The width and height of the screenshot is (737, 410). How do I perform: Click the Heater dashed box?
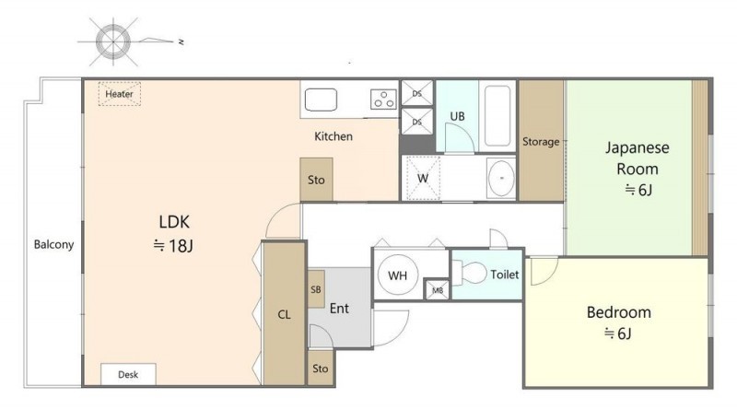coord(120,94)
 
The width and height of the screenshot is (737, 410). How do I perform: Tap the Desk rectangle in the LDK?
coord(128,374)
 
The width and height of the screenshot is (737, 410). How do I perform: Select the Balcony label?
coord(53,244)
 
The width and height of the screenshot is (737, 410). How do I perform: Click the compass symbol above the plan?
coord(113,41)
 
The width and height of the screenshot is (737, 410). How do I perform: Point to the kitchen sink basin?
coord(321,100)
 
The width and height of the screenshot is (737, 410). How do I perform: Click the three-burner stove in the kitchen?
coord(383,100)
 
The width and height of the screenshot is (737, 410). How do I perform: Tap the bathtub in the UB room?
coord(497,116)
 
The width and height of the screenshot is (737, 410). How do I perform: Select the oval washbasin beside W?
coord(501,178)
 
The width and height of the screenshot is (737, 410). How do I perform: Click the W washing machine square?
coord(423,178)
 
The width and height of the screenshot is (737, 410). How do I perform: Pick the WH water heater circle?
coord(397,275)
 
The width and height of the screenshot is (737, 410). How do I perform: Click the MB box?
coord(437,290)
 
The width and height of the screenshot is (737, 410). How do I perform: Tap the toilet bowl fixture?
coord(470,273)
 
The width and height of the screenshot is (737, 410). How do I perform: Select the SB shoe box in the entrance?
coord(316,289)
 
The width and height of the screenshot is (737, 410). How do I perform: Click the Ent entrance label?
coord(339,309)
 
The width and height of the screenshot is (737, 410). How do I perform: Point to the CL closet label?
coord(284,314)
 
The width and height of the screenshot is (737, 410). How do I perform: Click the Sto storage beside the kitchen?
coord(316,180)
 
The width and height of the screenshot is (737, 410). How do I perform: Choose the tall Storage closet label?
coord(541,142)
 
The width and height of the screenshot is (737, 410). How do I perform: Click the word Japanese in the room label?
coord(638,148)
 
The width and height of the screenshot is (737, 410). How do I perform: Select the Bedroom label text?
coord(619,312)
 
